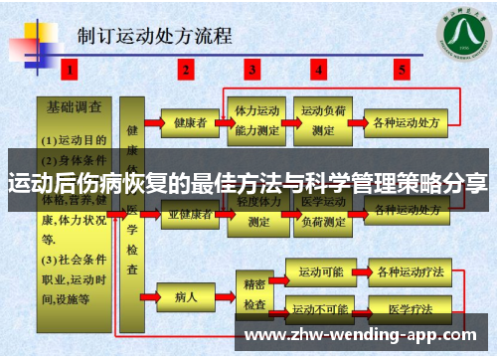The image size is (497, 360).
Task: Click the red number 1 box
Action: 71,70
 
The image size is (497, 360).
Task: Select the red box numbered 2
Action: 186,70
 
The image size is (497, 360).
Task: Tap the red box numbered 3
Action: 252,70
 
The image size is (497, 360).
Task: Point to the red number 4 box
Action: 318,70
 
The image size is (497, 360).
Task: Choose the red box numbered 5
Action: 402,70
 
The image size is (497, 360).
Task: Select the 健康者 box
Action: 189,123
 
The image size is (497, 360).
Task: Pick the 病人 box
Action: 186,295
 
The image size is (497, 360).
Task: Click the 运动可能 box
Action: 318,270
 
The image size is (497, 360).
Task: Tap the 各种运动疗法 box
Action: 406,270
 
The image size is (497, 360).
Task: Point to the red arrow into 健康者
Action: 150,123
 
